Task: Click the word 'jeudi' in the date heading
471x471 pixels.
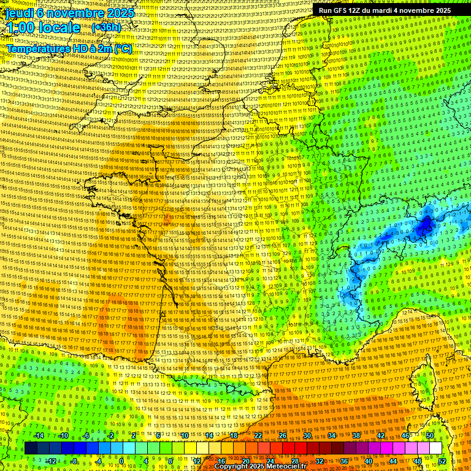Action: [x=18, y=13]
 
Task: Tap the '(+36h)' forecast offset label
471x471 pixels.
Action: [x=106, y=28]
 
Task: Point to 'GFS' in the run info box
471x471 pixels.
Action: [x=343, y=10]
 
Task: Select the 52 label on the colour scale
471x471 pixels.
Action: [x=442, y=461]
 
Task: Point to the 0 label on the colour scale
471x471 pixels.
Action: [x=121, y=461]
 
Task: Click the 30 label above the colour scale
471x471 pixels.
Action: [x=307, y=435]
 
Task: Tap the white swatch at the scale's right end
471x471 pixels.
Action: [x=435, y=448]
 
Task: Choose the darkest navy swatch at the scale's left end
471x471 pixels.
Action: [x=31, y=448]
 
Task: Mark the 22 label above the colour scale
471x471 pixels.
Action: [x=258, y=435]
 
